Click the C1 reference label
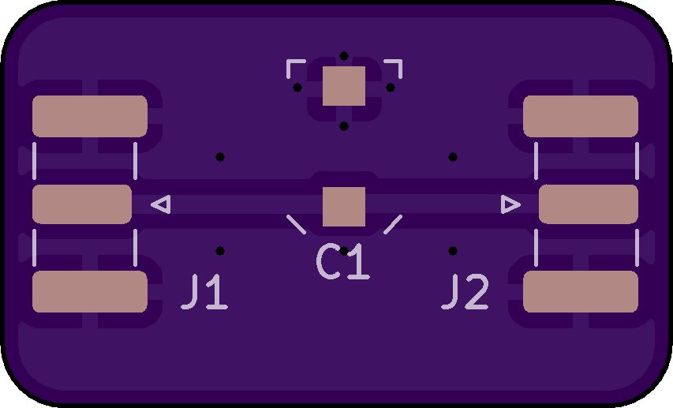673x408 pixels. coord(343,262)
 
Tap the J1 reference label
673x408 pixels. coord(204,292)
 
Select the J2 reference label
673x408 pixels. coord(465,292)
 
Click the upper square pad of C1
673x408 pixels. coord(344,86)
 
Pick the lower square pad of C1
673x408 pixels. coord(344,207)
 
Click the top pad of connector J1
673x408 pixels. coord(90,116)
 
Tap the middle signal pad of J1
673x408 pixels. coord(82,204)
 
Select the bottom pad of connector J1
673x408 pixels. coord(90,291)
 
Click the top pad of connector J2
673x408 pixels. coord(581,116)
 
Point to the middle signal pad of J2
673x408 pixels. coord(589,204)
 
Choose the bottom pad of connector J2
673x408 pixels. coord(581,291)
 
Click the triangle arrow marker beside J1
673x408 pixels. coord(161,204)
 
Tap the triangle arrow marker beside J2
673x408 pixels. coord(510,204)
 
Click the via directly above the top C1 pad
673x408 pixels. coord(344,56)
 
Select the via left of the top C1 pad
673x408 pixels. coord(297,88)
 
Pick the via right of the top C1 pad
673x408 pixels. coord(391,88)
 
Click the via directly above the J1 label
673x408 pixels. coord(220,251)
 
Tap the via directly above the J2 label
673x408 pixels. coord(453,251)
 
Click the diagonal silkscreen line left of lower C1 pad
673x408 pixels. coord(297,225)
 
